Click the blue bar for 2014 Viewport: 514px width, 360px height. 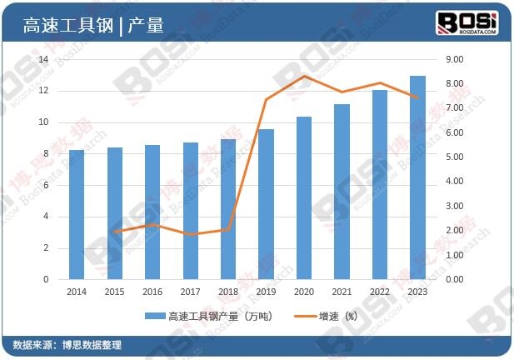[76, 215]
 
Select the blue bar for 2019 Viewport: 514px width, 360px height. [266, 204]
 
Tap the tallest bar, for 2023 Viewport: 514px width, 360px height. [417, 177]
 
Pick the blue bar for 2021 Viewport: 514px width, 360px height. [342, 192]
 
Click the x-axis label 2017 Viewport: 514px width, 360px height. [190, 292]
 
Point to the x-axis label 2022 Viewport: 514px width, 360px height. [380, 292]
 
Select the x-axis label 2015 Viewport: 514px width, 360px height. [114, 292]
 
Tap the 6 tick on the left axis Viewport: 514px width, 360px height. [46, 185]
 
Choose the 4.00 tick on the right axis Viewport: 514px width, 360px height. [456, 182]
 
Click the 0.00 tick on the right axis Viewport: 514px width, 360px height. [456, 279]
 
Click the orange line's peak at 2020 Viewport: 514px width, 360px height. [304, 76]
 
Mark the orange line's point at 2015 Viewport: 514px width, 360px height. [114, 231]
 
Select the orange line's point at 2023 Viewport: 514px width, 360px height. [417, 97]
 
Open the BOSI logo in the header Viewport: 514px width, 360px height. [467, 22]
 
